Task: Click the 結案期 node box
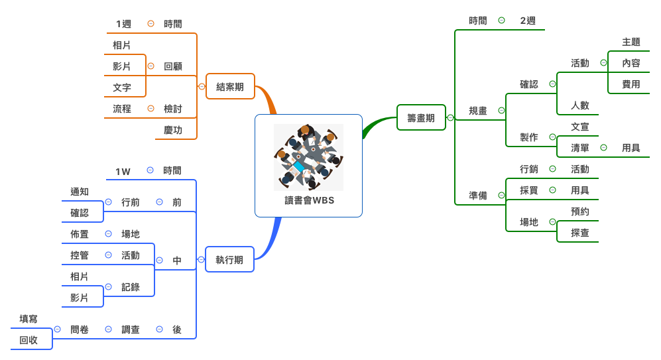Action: point(230,86)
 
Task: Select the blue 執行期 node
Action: point(229,260)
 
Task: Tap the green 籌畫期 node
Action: point(421,118)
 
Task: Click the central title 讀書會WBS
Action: point(308,200)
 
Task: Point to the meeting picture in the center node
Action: point(308,157)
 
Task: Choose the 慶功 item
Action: point(173,130)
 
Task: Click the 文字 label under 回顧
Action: point(122,88)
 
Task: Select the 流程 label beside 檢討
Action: point(122,109)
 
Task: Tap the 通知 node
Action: point(80,192)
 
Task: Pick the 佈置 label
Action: point(80,234)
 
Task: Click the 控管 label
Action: point(80,255)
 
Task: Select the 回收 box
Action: point(29,340)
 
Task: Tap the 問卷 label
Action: point(80,330)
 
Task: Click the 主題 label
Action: point(631,42)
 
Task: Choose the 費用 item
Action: point(631,84)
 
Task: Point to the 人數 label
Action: point(580,105)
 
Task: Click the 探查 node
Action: point(580,233)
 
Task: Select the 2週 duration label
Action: point(528,21)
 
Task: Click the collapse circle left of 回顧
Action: point(150,66)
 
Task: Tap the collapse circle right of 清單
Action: point(603,148)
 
